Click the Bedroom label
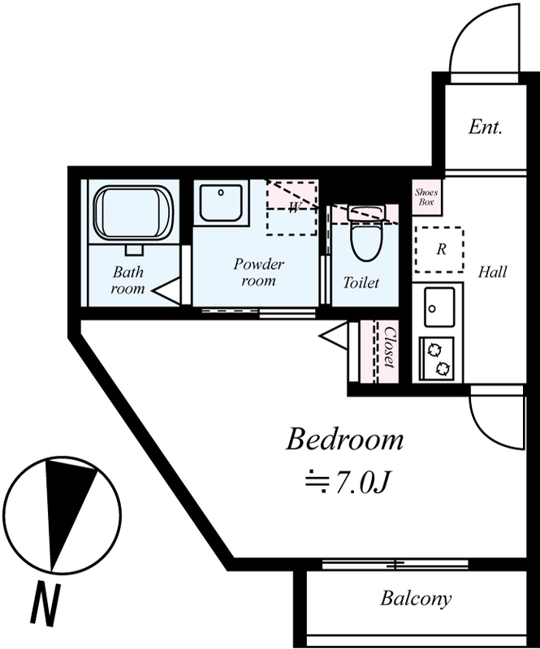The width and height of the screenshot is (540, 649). (344, 440)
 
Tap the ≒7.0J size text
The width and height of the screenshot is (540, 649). (348, 482)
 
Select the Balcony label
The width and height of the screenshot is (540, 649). (416, 599)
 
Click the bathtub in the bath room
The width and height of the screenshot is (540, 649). (133, 213)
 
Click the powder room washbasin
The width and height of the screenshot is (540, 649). (221, 204)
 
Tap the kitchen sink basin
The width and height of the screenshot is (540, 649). (439, 307)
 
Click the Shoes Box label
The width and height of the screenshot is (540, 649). (426, 197)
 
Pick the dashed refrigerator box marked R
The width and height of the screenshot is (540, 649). (439, 250)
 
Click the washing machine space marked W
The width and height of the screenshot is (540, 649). (292, 208)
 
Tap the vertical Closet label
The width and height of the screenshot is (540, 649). (389, 347)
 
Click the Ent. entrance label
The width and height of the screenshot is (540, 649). (486, 127)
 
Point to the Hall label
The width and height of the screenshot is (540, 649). (492, 273)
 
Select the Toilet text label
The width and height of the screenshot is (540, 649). (361, 282)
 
